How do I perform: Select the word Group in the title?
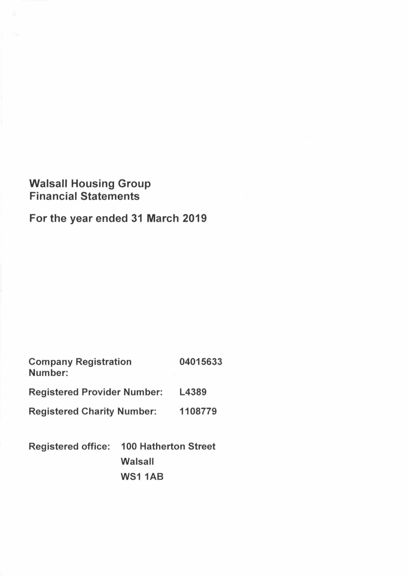(x=135, y=184)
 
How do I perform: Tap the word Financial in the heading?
(x=53, y=196)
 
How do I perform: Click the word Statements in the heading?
(x=110, y=196)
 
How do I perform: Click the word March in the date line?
(x=163, y=218)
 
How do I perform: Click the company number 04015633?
(x=201, y=362)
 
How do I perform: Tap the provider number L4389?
(x=193, y=392)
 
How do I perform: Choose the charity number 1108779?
(x=198, y=411)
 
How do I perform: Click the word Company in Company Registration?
(x=51, y=362)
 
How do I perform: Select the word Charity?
(x=98, y=411)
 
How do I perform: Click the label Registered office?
(x=69, y=446)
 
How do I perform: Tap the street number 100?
(x=129, y=446)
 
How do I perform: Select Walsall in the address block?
(x=137, y=461)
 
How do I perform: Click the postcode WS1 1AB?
(x=142, y=476)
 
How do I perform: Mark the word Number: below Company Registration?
(x=49, y=373)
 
